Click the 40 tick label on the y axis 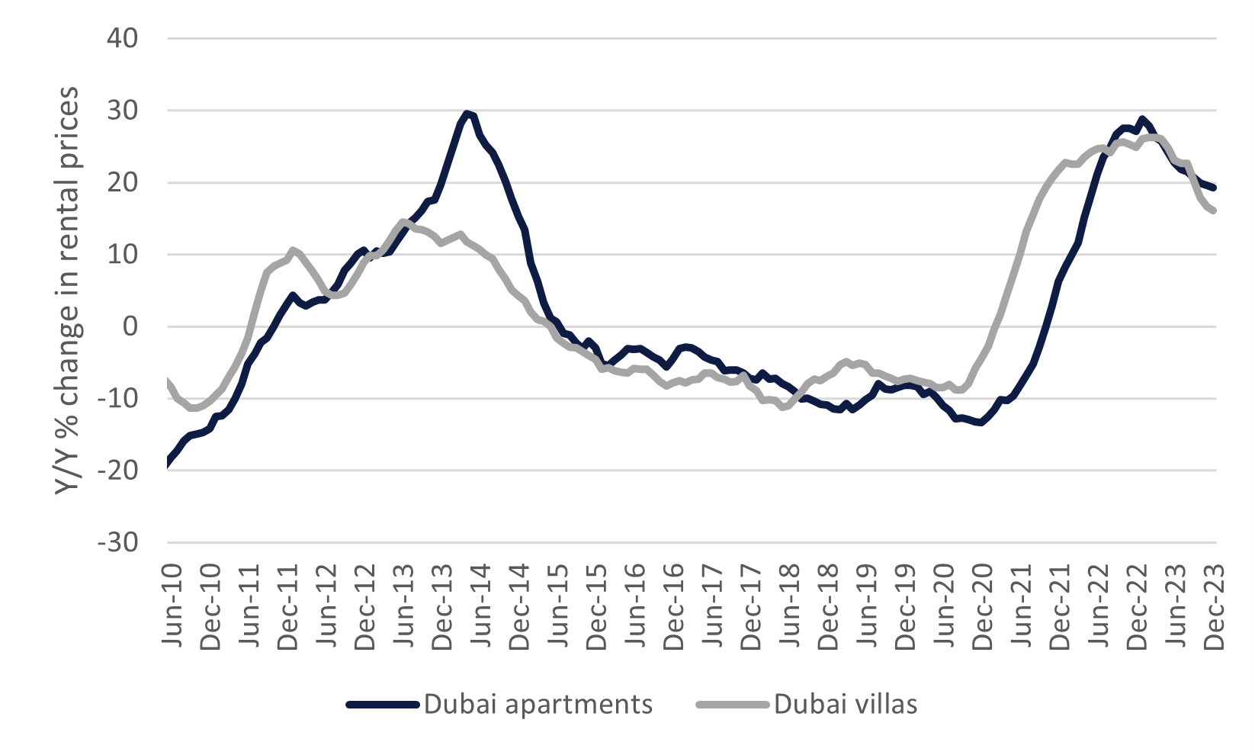(x=122, y=38)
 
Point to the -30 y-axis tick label (x=118, y=542)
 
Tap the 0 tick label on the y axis (x=130, y=326)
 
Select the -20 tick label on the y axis (x=118, y=471)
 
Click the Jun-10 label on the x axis (x=172, y=606)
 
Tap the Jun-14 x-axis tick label (x=480, y=606)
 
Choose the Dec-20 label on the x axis (x=982, y=606)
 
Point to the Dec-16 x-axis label (x=673, y=606)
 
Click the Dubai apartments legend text (x=538, y=704)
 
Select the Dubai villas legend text (x=846, y=704)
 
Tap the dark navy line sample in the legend (x=383, y=705)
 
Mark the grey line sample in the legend (x=733, y=705)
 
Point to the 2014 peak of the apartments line (x=467, y=114)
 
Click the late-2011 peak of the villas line (x=292, y=250)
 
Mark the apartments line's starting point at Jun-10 (x=169, y=461)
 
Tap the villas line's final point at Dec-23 (x=1213, y=211)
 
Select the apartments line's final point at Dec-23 (x=1214, y=188)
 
